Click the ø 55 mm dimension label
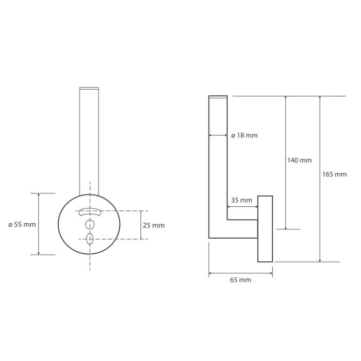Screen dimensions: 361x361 tap(22, 224)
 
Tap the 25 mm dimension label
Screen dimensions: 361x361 tap(154, 225)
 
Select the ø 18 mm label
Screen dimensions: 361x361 tap(244, 135)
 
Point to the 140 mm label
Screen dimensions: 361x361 tap(299, 160)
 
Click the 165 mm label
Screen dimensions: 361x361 tap(334, 174)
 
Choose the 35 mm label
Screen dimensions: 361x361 tap(241, 200)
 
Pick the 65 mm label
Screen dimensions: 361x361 tap(240, 280)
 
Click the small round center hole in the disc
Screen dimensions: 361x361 tap(90, 224)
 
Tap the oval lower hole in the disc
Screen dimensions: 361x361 tap(90, 239)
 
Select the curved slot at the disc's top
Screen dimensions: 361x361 tap(90, 212)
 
